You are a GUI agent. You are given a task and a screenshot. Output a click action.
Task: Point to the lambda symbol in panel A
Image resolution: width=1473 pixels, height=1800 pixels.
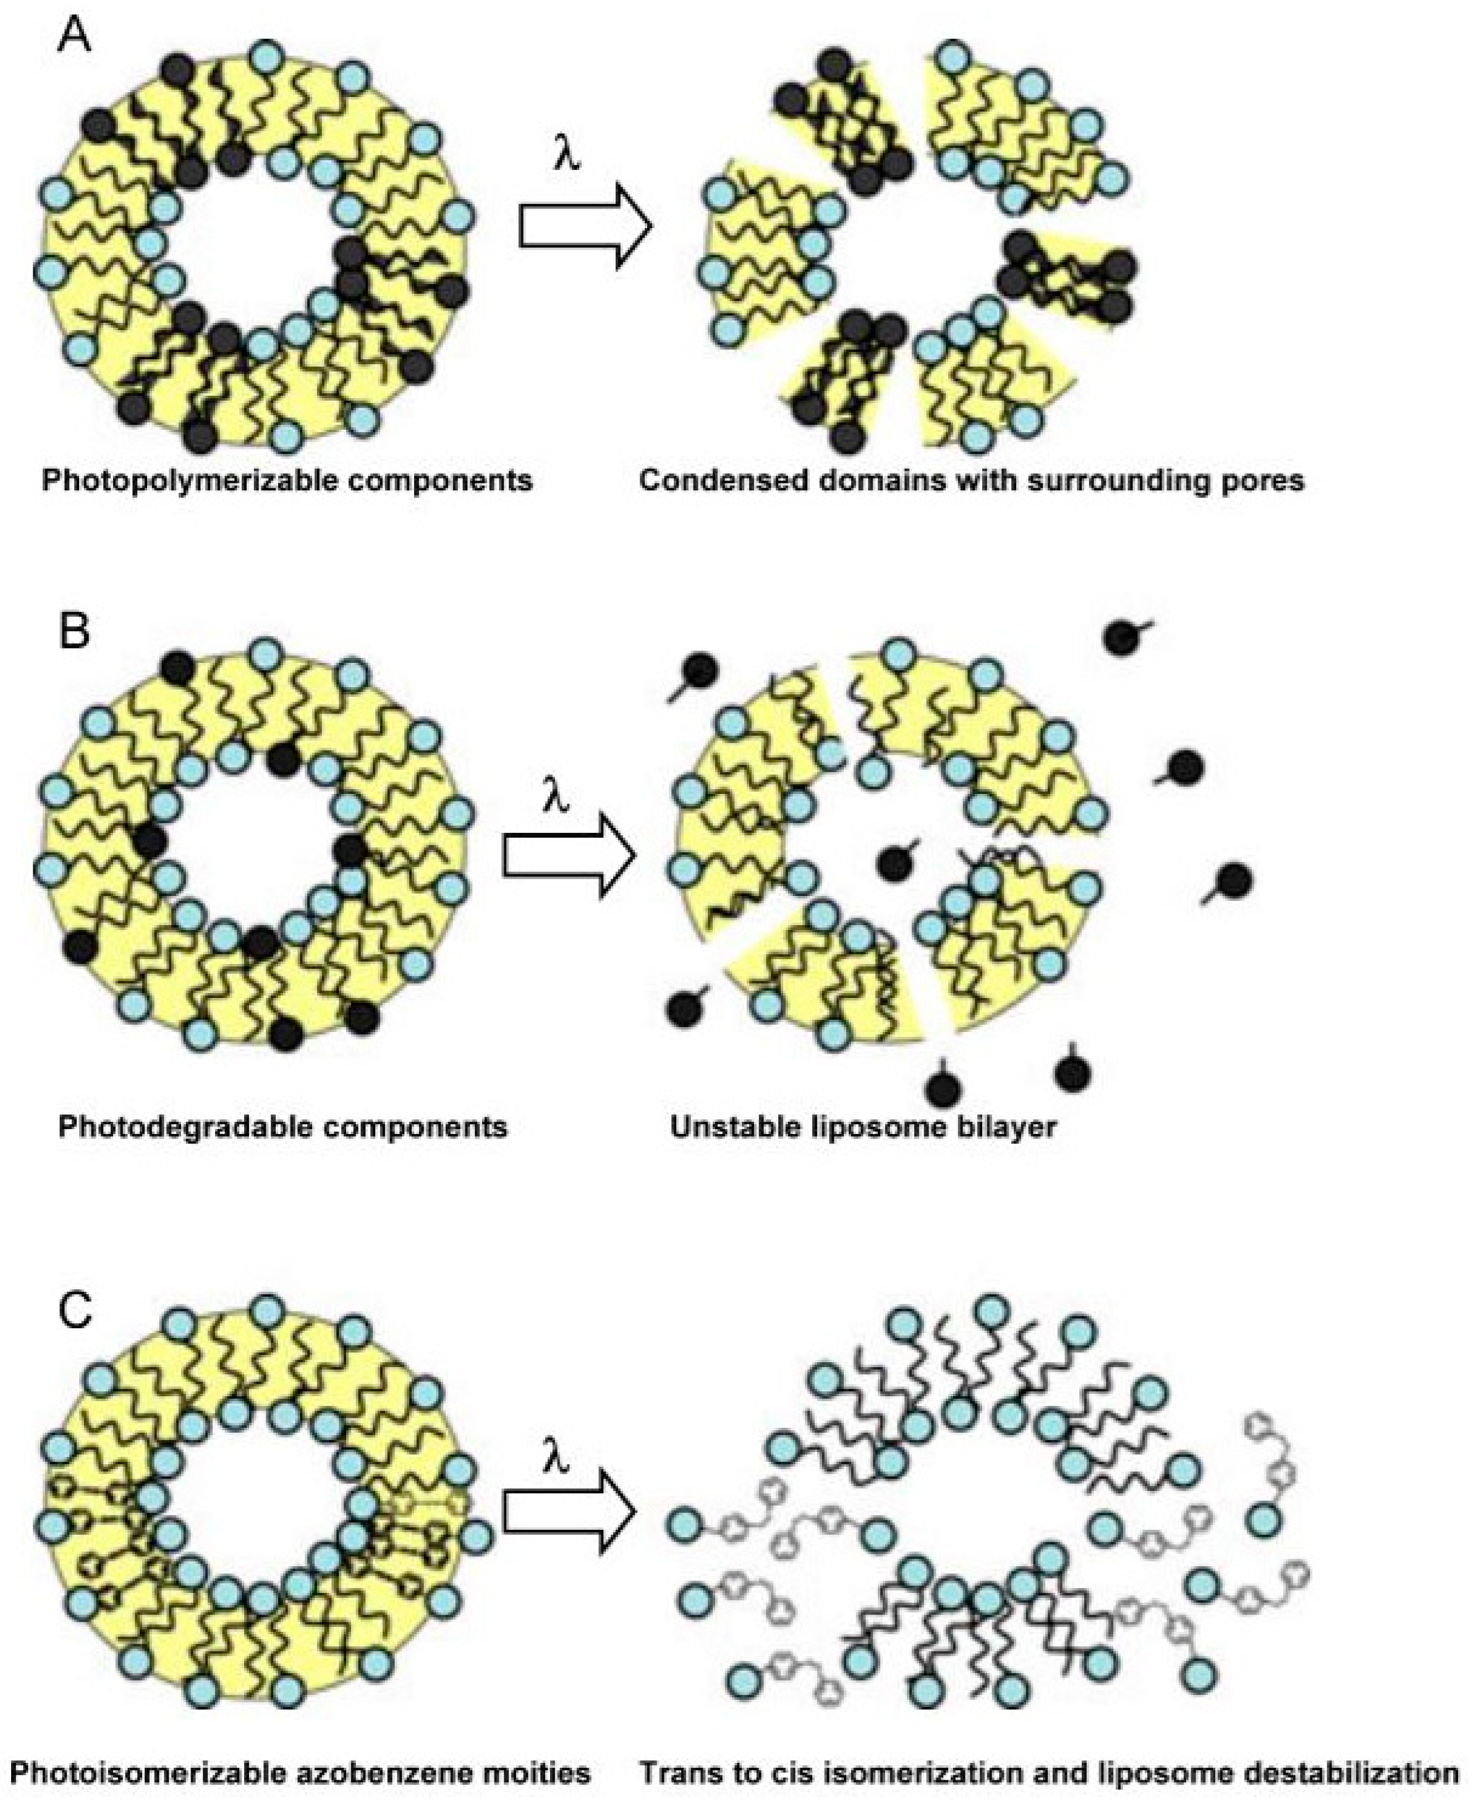pyautogui.click(x=567, y=157)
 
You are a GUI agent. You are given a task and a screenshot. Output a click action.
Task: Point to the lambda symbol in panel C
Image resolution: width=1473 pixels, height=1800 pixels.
pyautogui.click(x=553, y=1461)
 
